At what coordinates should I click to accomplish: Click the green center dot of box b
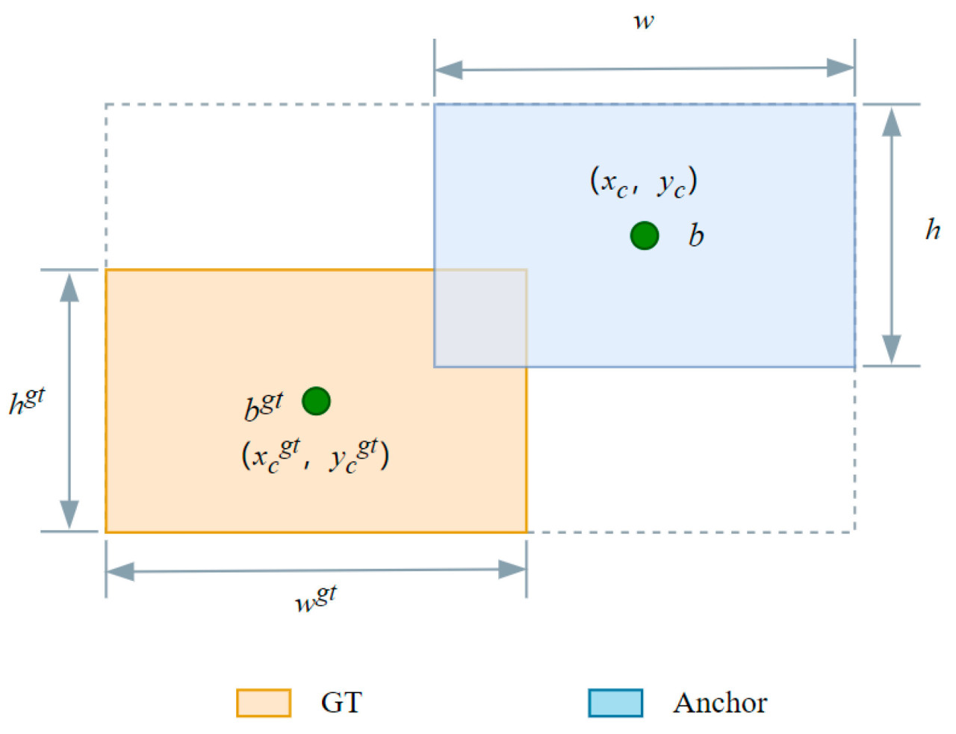[x=645, y=235]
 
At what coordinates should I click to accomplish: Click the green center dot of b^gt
[x=316, y=401]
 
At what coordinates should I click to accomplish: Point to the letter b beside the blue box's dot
[x=696, y=236]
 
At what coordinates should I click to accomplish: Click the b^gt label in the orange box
[x=264, y=406]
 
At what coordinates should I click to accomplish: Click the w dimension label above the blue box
[x=643, y=21]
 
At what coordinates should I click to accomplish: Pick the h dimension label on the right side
[x=933, y=230]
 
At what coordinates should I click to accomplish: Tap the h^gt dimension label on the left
[x=27, y=402]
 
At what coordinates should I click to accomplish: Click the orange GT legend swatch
[x=264, y=703]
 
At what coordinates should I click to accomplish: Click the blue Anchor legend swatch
[x=615, y=703]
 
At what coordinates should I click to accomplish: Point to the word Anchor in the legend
[x=720, y=703]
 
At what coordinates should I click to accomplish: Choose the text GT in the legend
[x=341, y=703]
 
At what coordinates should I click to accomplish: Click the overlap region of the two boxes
[x=480, y=318]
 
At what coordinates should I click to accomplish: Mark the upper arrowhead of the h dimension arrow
[x=891, y=122]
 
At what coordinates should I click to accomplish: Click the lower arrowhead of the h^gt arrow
[x=69, y=514]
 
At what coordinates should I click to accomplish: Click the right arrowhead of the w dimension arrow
[x=840, y=69]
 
